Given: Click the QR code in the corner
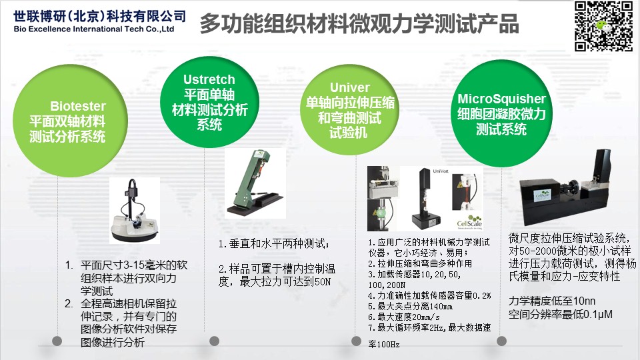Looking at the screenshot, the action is pos(604,27).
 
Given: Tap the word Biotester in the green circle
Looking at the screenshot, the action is pos(78,106).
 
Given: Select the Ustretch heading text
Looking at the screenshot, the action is pos(209,79).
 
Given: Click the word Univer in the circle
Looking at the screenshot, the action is pos(350,87).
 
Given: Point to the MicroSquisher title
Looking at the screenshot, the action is pos(501,99).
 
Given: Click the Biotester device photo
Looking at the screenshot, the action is pos(134,211).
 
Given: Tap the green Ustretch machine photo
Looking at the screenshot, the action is pos(255,183).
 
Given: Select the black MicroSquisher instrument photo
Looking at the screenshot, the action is pos(565,189).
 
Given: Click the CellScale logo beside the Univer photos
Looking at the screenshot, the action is pos(469,221).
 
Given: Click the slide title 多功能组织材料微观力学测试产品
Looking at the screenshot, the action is pos(359,24).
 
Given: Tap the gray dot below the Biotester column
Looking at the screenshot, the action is pos(57,341).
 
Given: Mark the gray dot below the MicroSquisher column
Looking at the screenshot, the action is pos(501,341).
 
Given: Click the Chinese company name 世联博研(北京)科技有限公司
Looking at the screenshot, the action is pos(99,16).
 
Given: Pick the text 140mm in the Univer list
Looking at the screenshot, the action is pos(441,307).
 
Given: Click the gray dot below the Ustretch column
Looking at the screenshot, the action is pos(214,341).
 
